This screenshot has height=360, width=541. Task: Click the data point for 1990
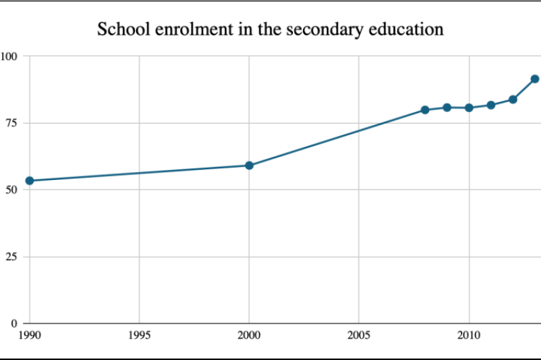(30, 181)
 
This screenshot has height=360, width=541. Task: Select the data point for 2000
(249, 166)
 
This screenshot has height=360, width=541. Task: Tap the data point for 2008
(425, 110)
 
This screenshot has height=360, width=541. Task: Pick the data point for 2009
(447, 108)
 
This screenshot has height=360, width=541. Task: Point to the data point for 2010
(469, 108)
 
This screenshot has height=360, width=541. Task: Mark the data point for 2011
(491, 105)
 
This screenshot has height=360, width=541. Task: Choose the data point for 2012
(513, 99)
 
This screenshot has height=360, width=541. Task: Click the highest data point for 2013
(534, 79)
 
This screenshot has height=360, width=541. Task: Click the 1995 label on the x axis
(139, 335)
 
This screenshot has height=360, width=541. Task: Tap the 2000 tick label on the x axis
(249, 335)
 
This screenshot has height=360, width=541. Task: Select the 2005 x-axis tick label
(359, 335)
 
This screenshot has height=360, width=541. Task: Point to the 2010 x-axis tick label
(469, 335)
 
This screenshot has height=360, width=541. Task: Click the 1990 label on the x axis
(30, 335)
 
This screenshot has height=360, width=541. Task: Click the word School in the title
(122, 30)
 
